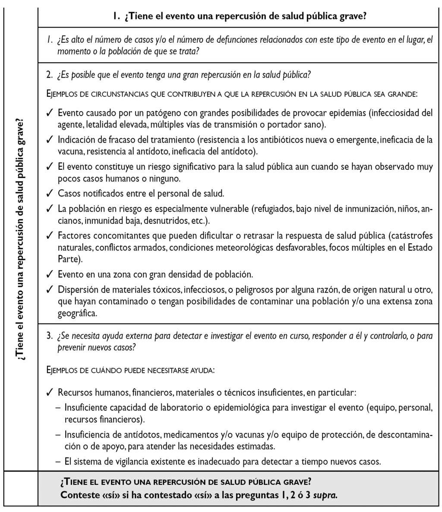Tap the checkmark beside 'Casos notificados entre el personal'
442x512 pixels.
50,193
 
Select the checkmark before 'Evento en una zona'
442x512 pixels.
50,274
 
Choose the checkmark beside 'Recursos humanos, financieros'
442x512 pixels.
50,393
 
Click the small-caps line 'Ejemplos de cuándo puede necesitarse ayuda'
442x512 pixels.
130,370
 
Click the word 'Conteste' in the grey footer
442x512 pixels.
79,495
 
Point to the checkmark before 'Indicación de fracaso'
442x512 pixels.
50,140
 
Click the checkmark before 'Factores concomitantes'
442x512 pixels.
50,235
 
